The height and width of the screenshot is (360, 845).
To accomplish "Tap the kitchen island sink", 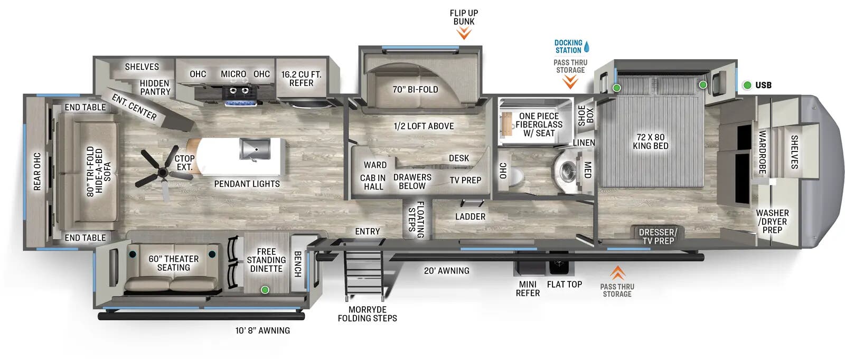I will [x=255, y=149].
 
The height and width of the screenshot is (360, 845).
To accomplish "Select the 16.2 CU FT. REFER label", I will [x=301, y=79].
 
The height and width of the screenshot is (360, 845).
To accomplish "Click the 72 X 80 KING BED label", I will [x=650, y=141].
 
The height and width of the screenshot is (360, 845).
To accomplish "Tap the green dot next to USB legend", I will [x=747, y=85].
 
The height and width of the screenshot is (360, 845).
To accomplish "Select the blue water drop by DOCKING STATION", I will [x=587, y=46].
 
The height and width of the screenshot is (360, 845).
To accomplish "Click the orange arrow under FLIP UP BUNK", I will [x=464, y=34].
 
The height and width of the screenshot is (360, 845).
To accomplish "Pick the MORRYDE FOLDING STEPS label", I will [x=367, y=314].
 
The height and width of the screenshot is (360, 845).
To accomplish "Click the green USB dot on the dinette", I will [x=265, y=290].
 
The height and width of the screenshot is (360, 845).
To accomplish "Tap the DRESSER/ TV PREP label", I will [x=658, y=236].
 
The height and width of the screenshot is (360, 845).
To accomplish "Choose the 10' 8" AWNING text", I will [x=262, y=330].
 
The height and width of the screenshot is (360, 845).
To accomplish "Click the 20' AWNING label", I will [x=446, y=271].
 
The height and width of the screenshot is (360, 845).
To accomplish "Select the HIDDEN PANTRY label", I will [x=155, y=87].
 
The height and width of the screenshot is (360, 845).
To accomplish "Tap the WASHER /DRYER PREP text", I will [x=772, y=221].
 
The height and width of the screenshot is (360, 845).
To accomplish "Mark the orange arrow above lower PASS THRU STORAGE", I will [x=617, y=273].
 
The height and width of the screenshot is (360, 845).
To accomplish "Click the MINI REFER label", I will [x=528, y=288].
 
